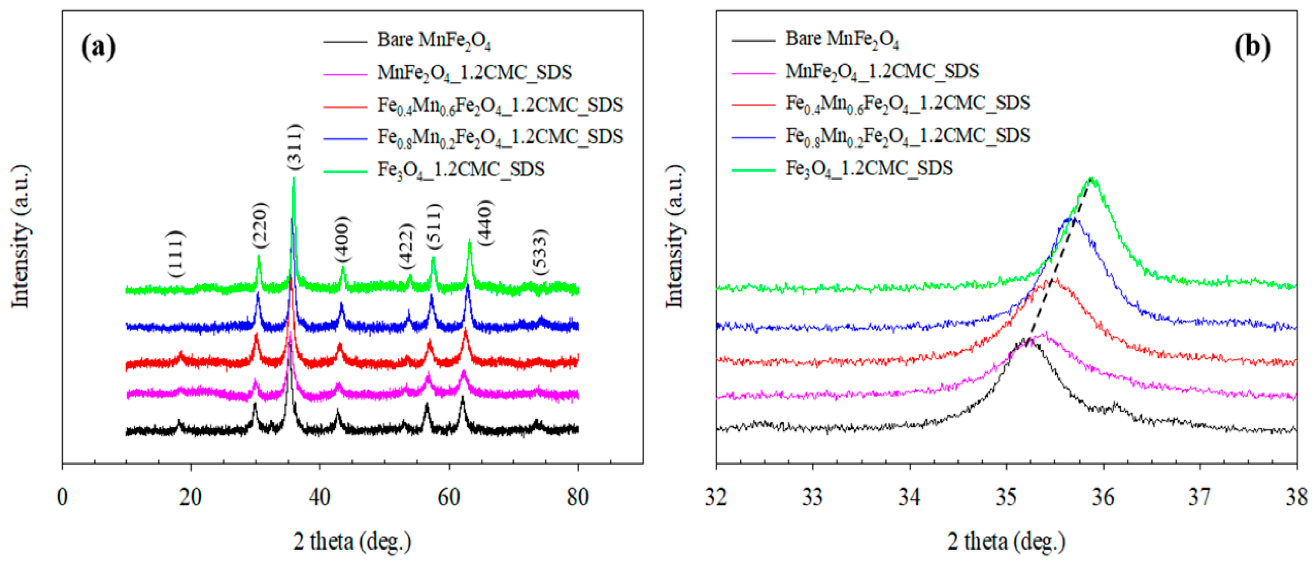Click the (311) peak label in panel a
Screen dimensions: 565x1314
(295, 147)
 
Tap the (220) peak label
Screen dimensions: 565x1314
(260, 226)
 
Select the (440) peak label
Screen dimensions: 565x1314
(485, 223)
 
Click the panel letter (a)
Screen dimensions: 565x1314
(98, 47)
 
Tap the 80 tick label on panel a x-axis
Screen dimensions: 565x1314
(578, 496)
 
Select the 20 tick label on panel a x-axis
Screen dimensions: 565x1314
(190, 496)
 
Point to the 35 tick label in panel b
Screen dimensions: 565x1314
(1006, 496)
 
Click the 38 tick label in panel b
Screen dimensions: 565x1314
(1296, 496)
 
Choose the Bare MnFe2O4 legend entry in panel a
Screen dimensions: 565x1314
(434, 40)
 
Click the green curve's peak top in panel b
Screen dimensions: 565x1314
(1092, 179)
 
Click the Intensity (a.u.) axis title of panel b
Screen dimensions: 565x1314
(675, 236)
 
